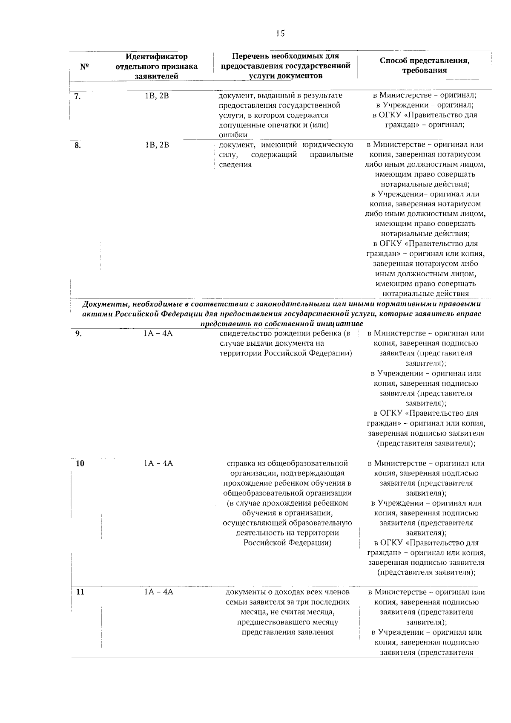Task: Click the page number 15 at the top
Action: click(280, 34)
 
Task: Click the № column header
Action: click(84, 67)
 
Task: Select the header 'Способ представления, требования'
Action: click(425, 66)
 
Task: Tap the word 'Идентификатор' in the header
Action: click(157, 56)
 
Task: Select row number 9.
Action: click(78, 334)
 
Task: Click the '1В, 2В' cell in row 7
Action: click(157, 96)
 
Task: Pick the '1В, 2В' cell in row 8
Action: click(157, 145)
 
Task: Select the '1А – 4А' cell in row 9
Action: click(158, 334)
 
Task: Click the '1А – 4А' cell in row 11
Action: click(158, 592)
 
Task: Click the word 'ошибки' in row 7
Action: click(233, 135)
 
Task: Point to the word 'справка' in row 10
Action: click(241, 463)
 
